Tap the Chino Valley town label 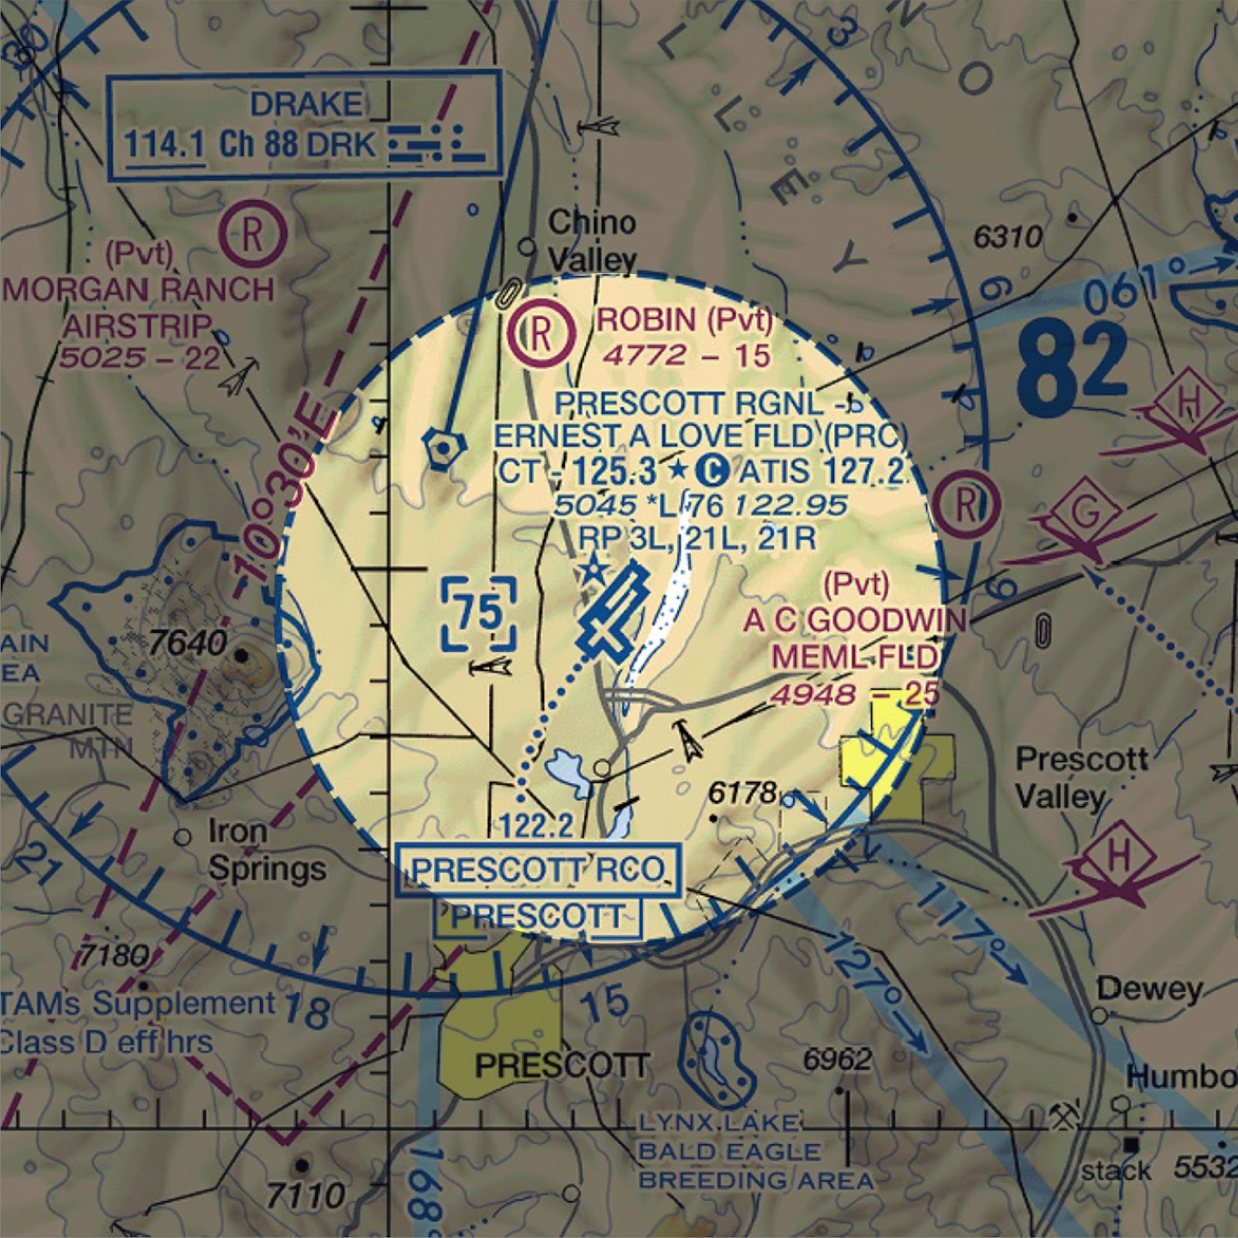[x=592, y=241]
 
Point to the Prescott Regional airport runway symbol [x=614, y=612]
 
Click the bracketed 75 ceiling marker [x=480, y=614]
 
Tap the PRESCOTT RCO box [x=538, y=870]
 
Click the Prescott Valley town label [x=1080, y=777]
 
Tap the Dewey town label [x=1149, y=989]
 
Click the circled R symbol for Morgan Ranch [x=253, y=234]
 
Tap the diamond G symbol [x=1086, y=514]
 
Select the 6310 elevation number [x=1007, y=237]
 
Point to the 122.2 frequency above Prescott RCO [x=536, y=826]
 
